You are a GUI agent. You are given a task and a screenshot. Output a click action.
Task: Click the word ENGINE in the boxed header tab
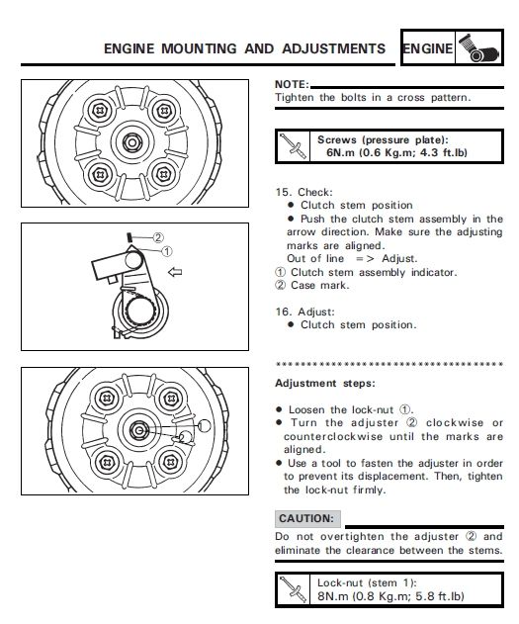429,48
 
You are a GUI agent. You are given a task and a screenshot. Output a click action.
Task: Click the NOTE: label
292,85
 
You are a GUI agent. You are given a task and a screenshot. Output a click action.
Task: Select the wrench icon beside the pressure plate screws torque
293,147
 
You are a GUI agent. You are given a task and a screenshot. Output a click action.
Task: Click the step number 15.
282,192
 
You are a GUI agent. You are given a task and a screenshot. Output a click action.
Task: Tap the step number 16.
282,311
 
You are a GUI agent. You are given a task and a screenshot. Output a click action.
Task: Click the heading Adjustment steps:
324,383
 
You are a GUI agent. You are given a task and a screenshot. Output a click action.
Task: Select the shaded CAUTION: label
307,518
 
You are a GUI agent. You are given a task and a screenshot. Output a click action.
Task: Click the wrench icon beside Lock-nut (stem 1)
293,589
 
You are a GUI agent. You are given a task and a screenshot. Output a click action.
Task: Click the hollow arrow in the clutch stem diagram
174,269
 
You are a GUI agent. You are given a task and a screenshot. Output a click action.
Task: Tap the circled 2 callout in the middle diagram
158,237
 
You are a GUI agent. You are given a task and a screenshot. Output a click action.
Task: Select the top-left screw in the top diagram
100,109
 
